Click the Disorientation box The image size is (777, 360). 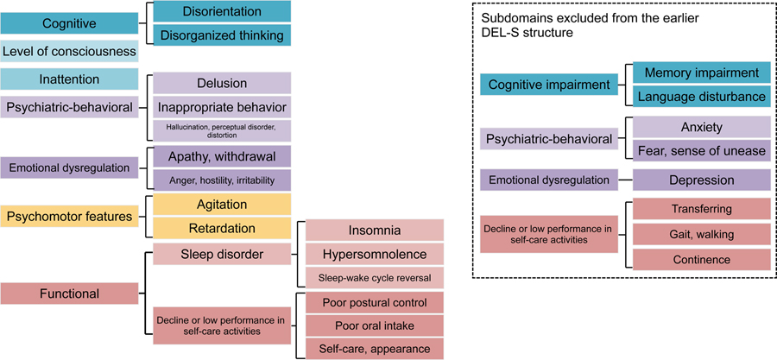pyautogui.click(x=222, y=11)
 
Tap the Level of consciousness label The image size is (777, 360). pyautogui.click(x=69, y=52)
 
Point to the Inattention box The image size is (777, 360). pyautogui.click(x=69, y=79)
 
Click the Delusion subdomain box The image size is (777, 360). pyautogui.click(x=222, y=83)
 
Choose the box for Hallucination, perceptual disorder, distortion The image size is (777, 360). pyautogui.click(x=222, y=130)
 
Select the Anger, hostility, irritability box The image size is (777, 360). pyautogui.click(x=222, y=180)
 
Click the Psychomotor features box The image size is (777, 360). pyautogui.click(x=69, y=216)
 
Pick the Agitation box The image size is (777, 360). pyautogui.click(x=222, y=205)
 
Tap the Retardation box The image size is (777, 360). pyautogui.click(x=222, y=228)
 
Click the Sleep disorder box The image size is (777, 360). pyautogui.click(x=222, y=254)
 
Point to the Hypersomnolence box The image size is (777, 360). pyautogui.click(x=374, y=254)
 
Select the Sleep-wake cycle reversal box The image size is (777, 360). pyautogui.click(x=374, y=277)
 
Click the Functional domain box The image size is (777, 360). pyautogui.click(x=69, y=294)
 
